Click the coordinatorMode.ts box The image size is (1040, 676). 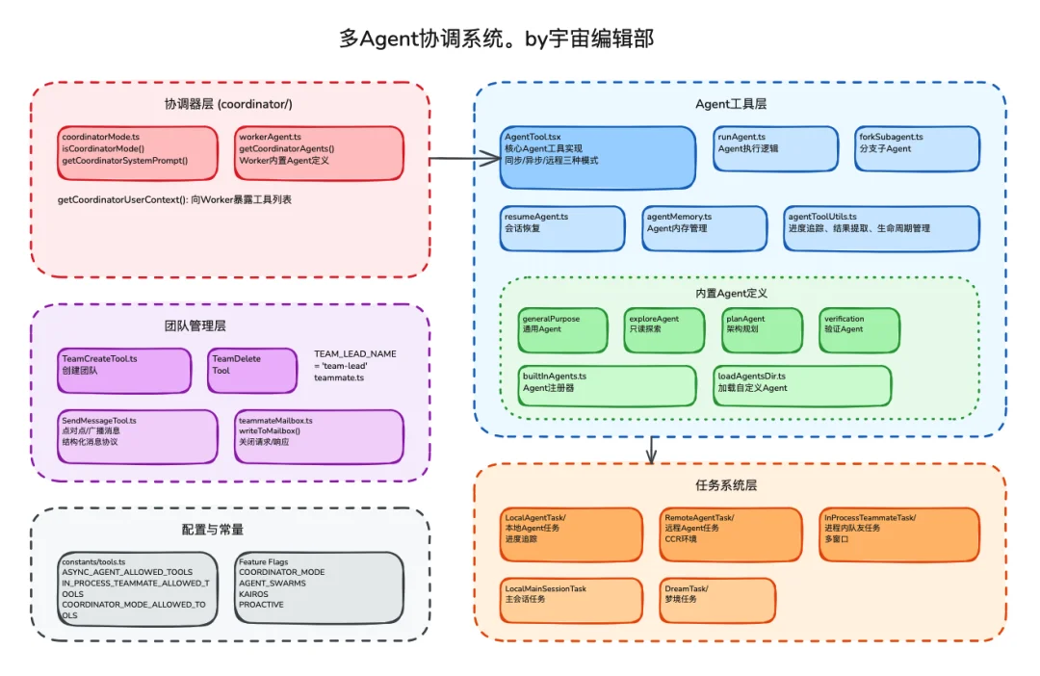coord(138,152)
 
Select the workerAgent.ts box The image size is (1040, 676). coord(318,152)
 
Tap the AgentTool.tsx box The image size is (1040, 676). coord(597,157)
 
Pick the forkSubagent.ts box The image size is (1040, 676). coord(917,148)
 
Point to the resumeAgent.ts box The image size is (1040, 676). coord(562,228)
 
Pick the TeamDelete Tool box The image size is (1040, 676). coord(252,371)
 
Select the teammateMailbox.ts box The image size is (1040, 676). coord(319,436)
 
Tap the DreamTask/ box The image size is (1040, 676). coord(719,600)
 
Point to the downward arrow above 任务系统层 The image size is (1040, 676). coord(652,448)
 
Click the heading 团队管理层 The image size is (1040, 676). coord(195,325)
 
